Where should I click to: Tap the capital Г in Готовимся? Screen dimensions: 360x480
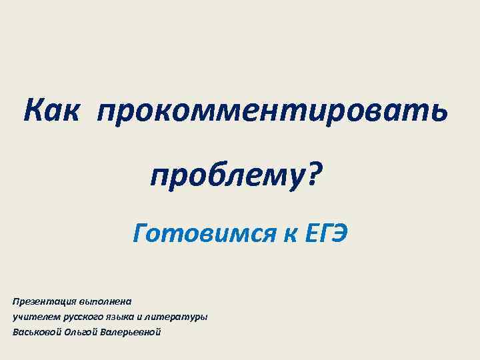click(x=140, y=233)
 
